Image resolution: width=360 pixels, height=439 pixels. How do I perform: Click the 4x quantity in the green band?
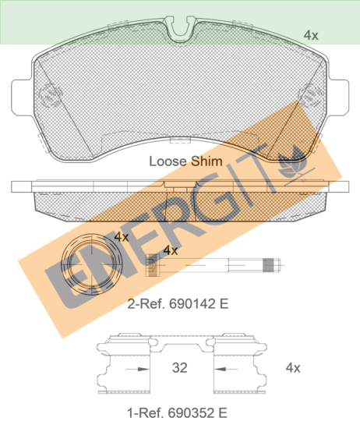(x=311, y=35)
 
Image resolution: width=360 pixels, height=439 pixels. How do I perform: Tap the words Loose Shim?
(x=185, y=161)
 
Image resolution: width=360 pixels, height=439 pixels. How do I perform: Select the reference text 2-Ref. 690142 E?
(x=178, y=304)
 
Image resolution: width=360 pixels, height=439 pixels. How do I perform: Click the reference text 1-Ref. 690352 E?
(x=177, y=412)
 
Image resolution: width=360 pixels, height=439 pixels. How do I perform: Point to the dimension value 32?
(x=179, y=367)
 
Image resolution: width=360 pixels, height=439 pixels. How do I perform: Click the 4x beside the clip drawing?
(x=293, y=367)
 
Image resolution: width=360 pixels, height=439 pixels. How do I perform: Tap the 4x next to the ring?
(x=121, y=237)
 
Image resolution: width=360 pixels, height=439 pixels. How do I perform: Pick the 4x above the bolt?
(x=171, y=250)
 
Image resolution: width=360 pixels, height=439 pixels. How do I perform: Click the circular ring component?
(x=92, y=264)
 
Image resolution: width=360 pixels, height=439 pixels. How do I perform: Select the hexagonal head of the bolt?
(x=153, y=265)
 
